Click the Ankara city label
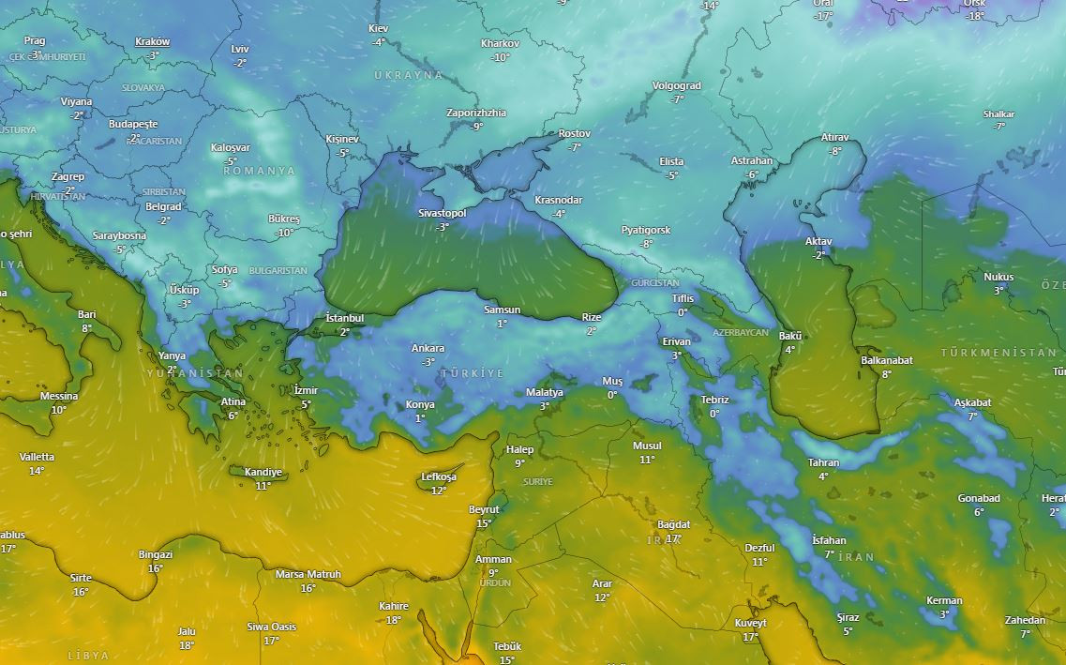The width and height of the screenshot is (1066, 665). click(x=428, y=349)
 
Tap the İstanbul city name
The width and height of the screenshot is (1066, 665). click(x=344, y=319)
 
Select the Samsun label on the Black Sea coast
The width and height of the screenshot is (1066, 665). click(x=502, y=310)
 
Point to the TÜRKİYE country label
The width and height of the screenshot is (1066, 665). click(x=472, y=373)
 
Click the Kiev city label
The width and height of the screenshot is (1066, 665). click(x=378, y=29)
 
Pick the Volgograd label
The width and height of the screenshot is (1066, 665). click(x=676, y=86)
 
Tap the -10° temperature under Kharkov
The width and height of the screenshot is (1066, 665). click(x=501, y=57)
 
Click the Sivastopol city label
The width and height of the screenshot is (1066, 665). click(x=442, y=214)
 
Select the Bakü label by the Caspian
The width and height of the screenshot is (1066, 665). click(x=790, y=337)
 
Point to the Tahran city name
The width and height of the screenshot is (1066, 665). click(x=823, y=463)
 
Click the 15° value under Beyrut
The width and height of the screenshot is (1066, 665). click(x=484, y=523)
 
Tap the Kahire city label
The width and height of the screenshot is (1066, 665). click(x=394, y=607)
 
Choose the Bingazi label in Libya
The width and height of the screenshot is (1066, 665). click(x=156, y=555)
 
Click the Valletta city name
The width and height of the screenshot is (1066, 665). click(x=37, y=458)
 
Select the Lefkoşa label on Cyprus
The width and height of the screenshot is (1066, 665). click(x=439, y=477)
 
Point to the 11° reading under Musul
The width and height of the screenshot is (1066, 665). click(x=647, y=460)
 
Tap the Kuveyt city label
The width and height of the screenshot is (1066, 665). click(x=750, y=624)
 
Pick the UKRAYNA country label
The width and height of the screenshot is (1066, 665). click(x=408, y=75)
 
